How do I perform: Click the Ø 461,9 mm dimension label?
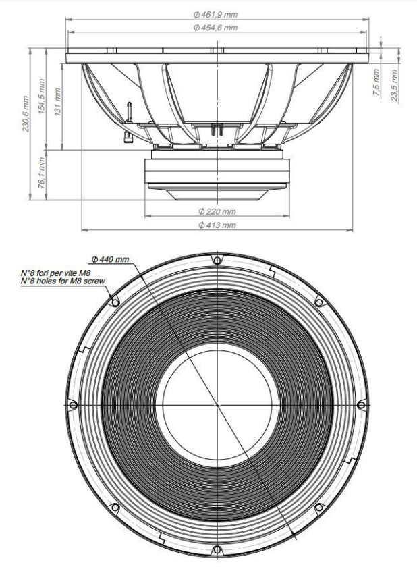click(215, 15)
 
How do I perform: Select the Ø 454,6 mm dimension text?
click(215, 28)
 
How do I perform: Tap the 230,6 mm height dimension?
click(26, 113)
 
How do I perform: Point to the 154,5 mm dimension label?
click(41, 97)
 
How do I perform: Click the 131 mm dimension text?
click(57, 102)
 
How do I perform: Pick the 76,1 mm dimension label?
click(41, 173)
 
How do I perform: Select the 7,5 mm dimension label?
click(377, 82)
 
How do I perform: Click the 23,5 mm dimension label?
click(395, 85)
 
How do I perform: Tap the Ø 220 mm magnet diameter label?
click(217, 211)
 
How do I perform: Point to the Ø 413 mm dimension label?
click(217, 225)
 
